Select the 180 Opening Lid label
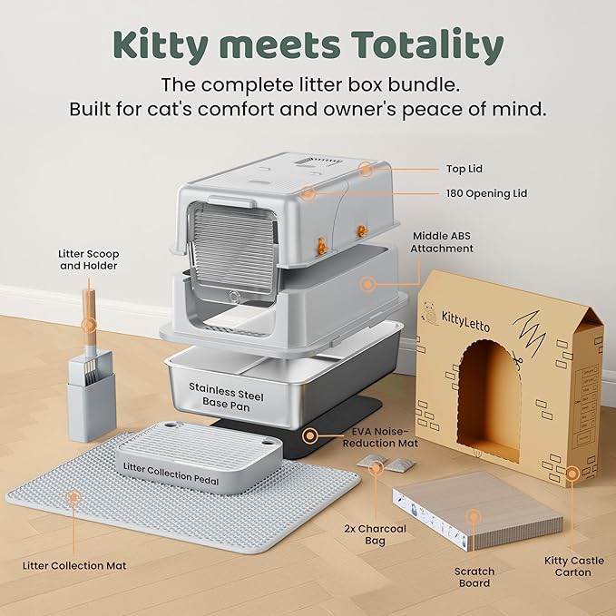click(486, 193)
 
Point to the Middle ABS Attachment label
click(442, 241)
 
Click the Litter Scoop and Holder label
click(89, 259)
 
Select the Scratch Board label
click(474, 578)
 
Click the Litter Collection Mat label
click(74, 565)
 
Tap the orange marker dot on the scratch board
click(472, 518)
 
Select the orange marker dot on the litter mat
click(73, 497)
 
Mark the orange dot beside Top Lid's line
click(365, 169)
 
